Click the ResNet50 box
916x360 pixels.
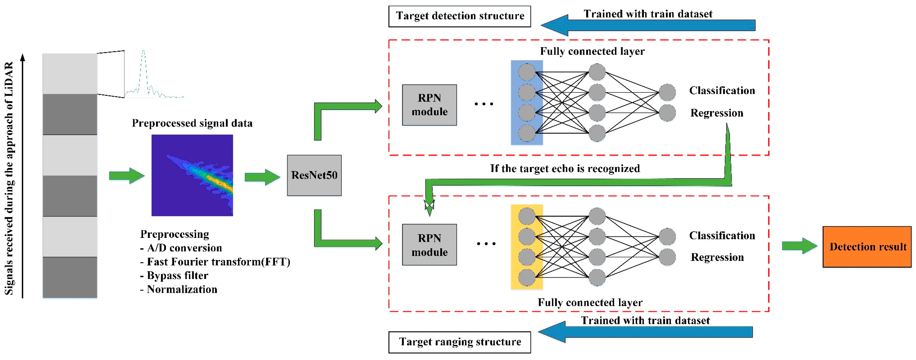(x=314, y=175)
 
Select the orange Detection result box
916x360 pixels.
(x=867, y=247)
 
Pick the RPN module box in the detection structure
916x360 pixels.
(x=429, y=105)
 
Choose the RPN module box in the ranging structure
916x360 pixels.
(x=429, y=245)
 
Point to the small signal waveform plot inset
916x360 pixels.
(x=154, y=74)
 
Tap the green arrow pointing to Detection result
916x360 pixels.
(x=799, y=246)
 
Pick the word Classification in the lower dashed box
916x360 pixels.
(x=722, y=235)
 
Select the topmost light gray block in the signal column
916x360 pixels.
(x=70, y=74)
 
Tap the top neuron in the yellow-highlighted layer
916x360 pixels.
(x=527, y=216)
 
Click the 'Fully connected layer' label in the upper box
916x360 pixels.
(x=592, y=51)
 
